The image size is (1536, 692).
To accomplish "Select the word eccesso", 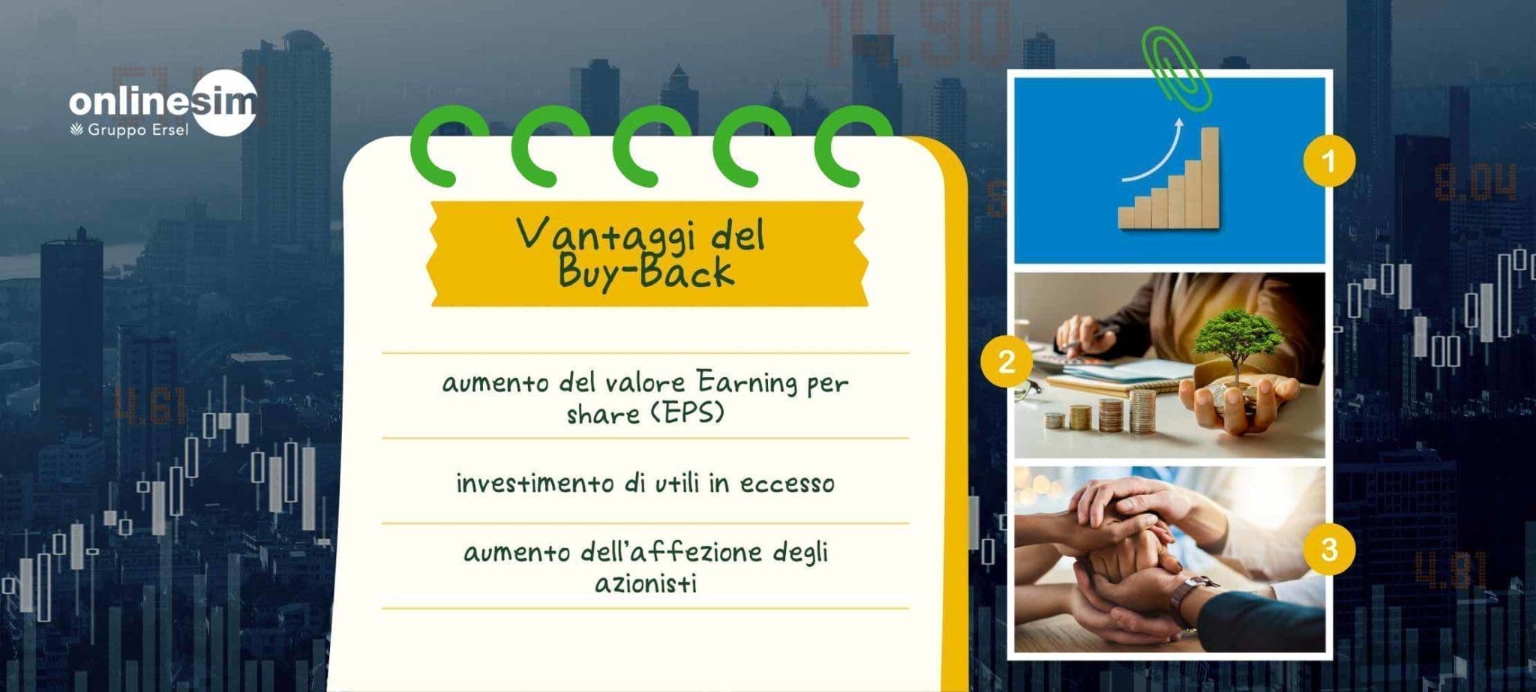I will coord(787,484).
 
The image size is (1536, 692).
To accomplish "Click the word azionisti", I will coord(646,583).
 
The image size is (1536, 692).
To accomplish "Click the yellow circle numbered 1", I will coord(1329,161).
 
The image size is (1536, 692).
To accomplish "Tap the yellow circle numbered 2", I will coord(1006,363).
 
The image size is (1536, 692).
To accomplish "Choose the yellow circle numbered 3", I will coord(1329,550).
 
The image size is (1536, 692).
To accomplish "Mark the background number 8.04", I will coord(1474,184).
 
